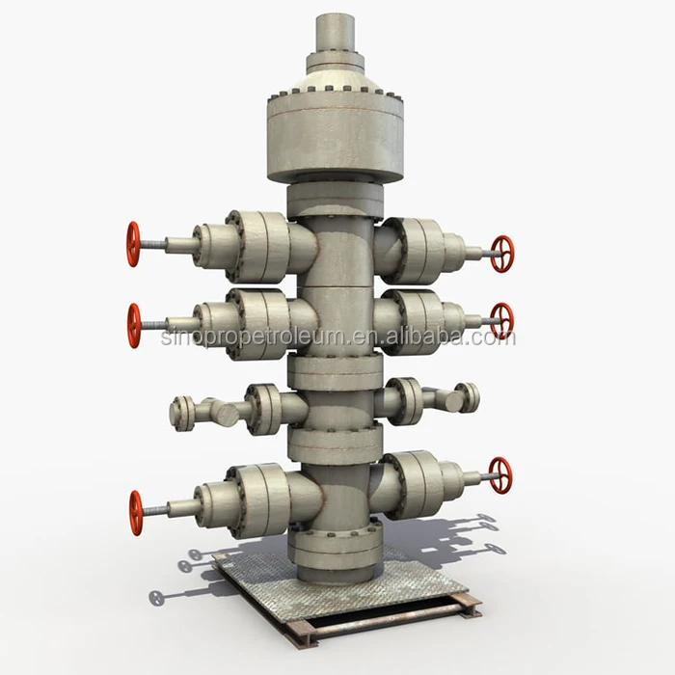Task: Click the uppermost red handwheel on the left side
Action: (x=133, y=244)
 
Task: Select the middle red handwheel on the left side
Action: (x=134, y=325)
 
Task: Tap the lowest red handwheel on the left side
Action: (x=136, y=512)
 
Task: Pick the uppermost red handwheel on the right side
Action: (x=501, y=254)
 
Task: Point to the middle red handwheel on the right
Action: (x=501, y=320)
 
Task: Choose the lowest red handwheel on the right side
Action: (x=499, y=474)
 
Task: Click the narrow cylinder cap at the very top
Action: (x=336, y=33)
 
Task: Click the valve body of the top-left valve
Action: (x=256, y=241)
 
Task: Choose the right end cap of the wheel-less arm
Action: (x=469, y=396)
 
